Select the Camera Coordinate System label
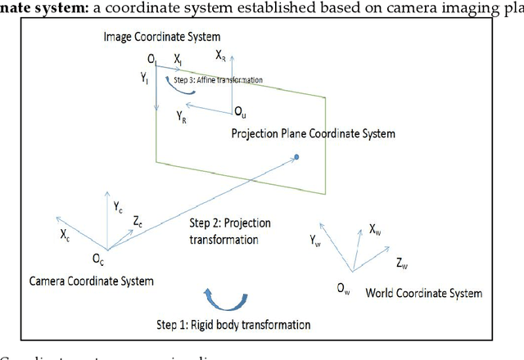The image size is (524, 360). pos(91,281)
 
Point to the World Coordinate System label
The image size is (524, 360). pos(423,293)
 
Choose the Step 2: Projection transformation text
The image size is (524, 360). pos(230,231)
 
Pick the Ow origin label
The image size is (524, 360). pos(343,287)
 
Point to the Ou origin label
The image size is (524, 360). pos(240,110)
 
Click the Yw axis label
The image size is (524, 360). pos(317,241)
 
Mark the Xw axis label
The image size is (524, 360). pos(374,232)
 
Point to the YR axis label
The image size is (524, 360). pos(182,118)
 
